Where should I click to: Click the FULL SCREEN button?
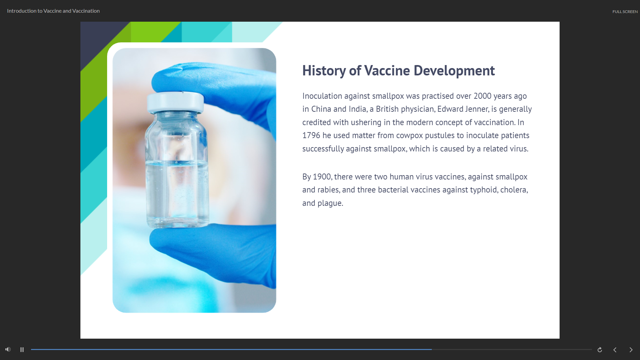click(625, 12)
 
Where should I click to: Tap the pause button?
click(22, 350)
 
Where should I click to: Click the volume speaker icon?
click(8, 349)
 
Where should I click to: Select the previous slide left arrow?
click(615, 350)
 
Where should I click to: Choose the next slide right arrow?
click(631, 350)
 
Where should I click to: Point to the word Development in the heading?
click(454, 71)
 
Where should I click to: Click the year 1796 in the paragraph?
click(311, 135)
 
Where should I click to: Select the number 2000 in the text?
click(483, 96)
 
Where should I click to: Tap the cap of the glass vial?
click(175, 102)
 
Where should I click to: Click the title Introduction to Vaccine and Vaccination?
click(53, 11)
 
